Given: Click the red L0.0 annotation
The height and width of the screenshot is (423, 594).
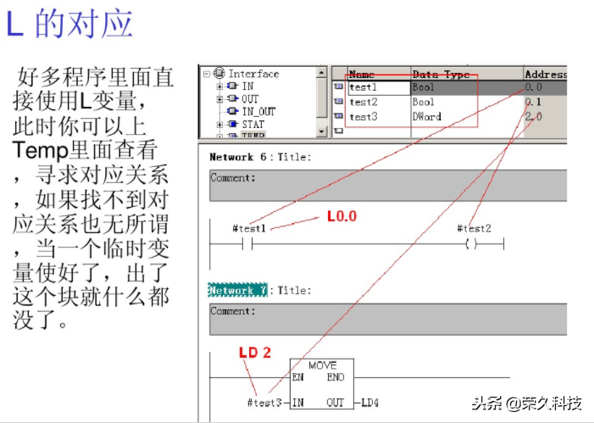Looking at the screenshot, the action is tap(341, 217).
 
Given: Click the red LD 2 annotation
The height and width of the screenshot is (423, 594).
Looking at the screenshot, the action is tap(254, 352).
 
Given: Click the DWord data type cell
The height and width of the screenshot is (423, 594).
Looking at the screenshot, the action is tap(427, 117).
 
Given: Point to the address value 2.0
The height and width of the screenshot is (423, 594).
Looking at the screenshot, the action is tap(533, 117).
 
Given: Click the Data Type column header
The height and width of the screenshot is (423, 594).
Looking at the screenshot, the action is tap(437, 75).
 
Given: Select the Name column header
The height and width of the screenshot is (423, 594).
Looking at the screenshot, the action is tap(362, 75).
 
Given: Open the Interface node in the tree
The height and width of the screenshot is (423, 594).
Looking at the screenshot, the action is tap(253, 74).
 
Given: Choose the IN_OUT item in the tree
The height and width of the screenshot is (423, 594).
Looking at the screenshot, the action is tap(258, 111).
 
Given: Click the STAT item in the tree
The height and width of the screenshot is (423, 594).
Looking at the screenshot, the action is tap(253, 124).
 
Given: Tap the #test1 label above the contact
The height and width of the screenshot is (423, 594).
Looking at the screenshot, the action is tap(248, 229).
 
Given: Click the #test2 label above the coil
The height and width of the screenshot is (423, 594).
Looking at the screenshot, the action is tap(474, 229).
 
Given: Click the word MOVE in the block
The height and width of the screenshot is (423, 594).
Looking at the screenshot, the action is tap(322, 365).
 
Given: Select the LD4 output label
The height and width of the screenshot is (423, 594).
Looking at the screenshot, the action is tap(370, 403).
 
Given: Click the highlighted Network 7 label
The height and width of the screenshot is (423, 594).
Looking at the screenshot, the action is tap(237, 291).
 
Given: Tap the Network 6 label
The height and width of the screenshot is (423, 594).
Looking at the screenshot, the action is tap(231, 158).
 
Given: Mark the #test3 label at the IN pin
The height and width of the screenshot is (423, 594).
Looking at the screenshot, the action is tap(264, 403).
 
